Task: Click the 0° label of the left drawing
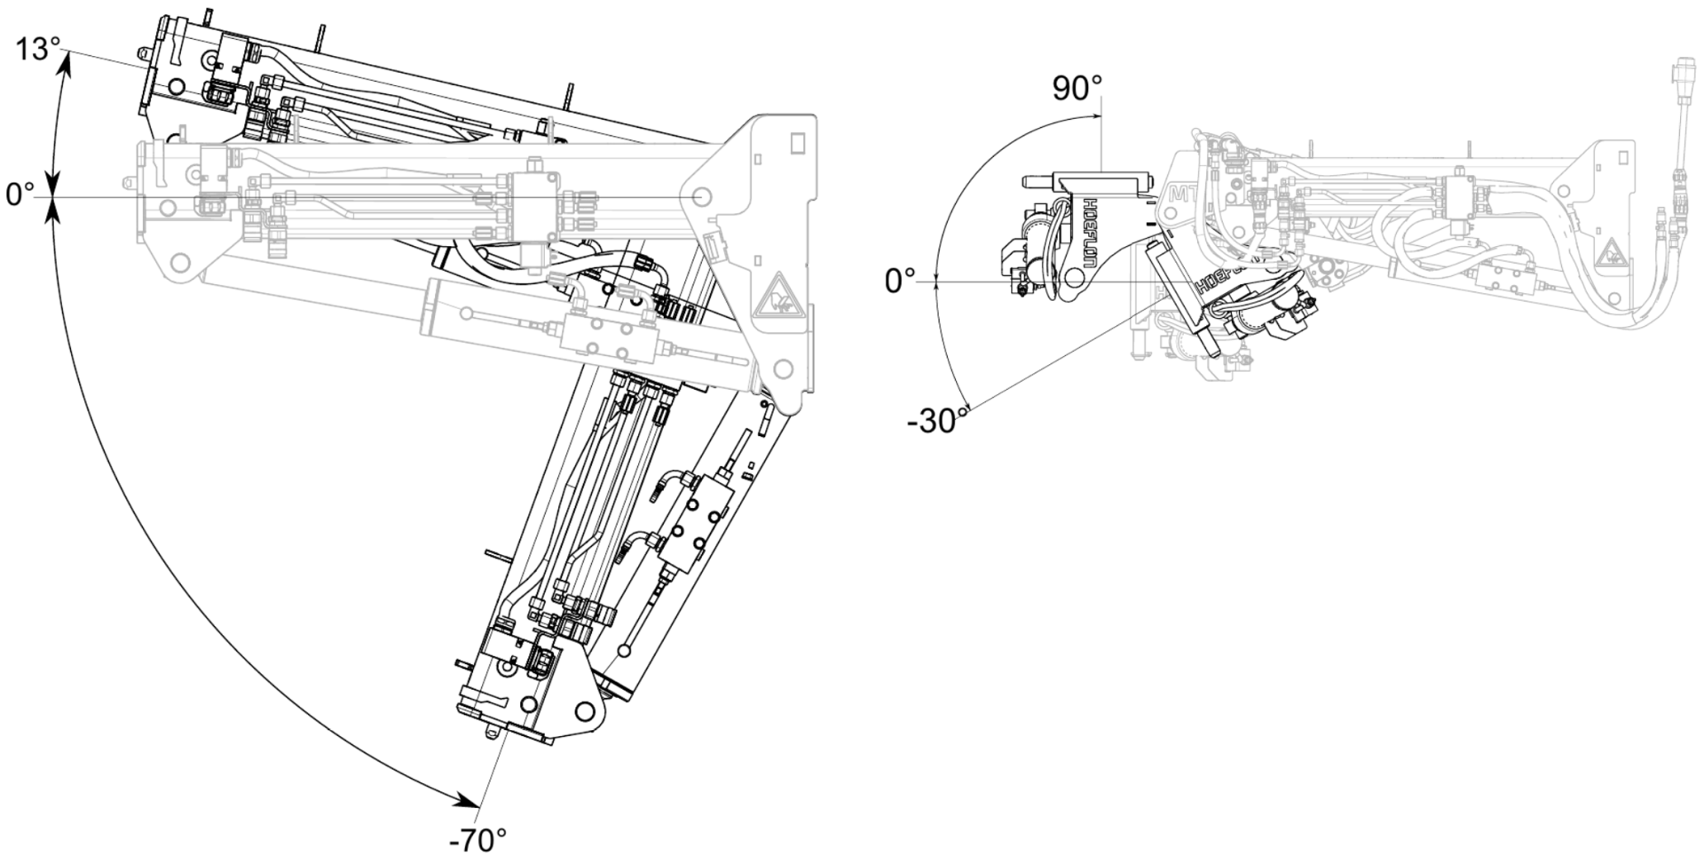click(20, 194)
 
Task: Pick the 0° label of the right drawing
click(899, 281)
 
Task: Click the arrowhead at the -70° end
click(467, 802)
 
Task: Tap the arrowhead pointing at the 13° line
click(64, 62)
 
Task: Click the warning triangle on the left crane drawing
click(779, 296)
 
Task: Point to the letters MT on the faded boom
click(1179, 194)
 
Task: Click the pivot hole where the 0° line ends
click(701, 195)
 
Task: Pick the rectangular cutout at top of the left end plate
click(797, 141)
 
